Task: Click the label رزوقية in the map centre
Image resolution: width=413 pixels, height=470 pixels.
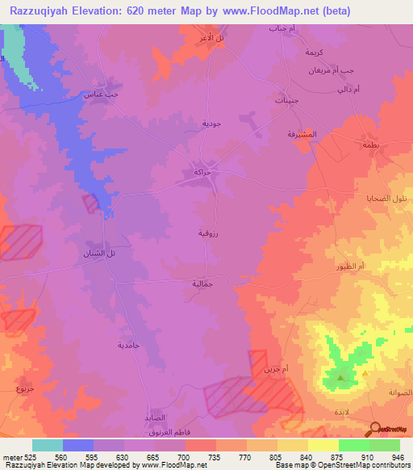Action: pyautogui.click(x=207, y=233)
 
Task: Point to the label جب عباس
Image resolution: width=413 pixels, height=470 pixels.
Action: pyautogui.click(x=97, y=94)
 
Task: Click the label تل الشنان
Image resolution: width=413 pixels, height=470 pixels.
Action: pyautogui.click(x=100, y=254)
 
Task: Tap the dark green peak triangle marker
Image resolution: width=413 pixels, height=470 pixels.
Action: pyautogui.click(x=340, y=377)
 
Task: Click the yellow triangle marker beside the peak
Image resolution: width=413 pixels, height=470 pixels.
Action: pyautogui.click(x=365, y=374)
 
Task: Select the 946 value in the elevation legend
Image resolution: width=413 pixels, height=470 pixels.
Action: pyautogui.click(x=395, y=456)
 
